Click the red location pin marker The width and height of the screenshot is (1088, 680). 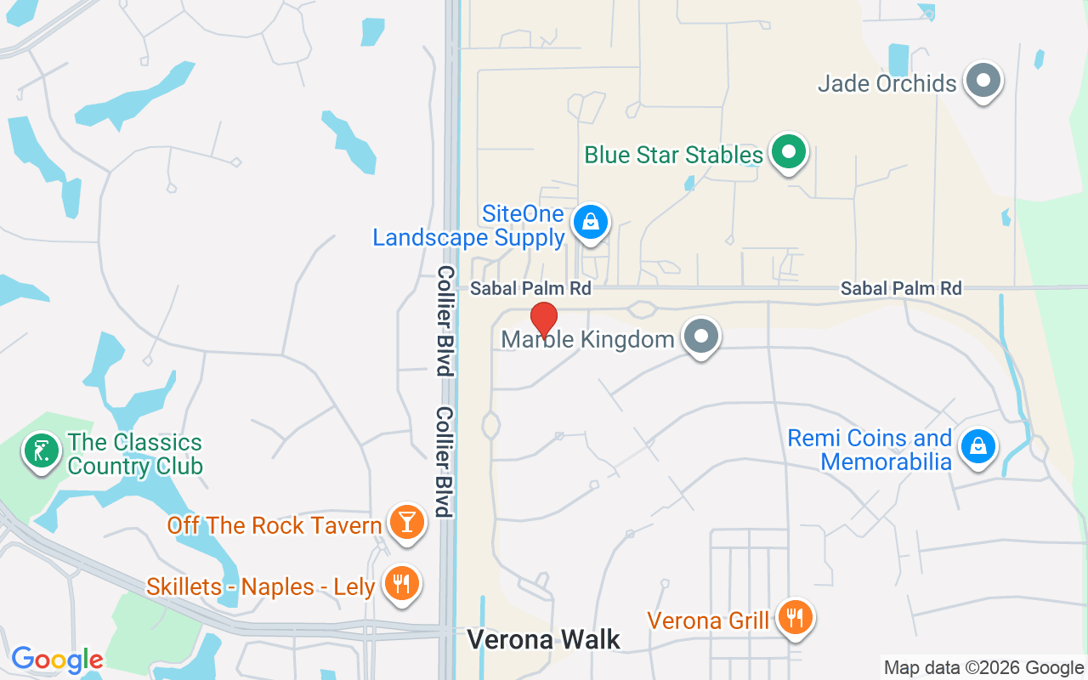tap(544, 320)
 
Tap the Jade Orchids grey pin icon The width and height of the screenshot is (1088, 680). tap(984, 82)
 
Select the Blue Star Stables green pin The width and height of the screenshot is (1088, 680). tap(789, 153)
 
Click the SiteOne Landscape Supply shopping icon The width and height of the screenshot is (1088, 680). tap(590, 223)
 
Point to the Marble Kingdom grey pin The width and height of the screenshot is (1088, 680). tap(701, 337)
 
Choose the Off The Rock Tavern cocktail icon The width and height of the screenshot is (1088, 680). tap(406, 522)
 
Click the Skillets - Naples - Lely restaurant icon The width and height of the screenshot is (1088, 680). tap(399, 585)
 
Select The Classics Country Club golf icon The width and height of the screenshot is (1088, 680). tap(41, 450)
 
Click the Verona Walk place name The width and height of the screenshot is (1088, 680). tap(544, 639)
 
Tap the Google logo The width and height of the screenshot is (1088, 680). tap(57, 660)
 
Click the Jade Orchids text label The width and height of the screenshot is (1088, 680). tap(887, 83)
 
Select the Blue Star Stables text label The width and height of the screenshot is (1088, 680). tap(673, 155)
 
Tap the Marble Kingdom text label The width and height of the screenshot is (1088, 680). tap(587, 339)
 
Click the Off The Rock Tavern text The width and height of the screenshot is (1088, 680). tap(274, 525)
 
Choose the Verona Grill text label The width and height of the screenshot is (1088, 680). tap(708, 620)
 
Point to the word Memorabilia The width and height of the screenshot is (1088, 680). tap(886, 462)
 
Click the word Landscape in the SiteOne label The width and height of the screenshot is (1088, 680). tap(429, 238)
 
